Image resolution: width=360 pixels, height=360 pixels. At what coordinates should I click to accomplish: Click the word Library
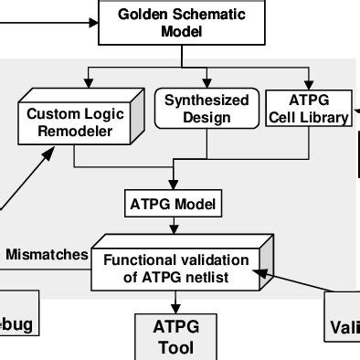coord(324,118)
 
